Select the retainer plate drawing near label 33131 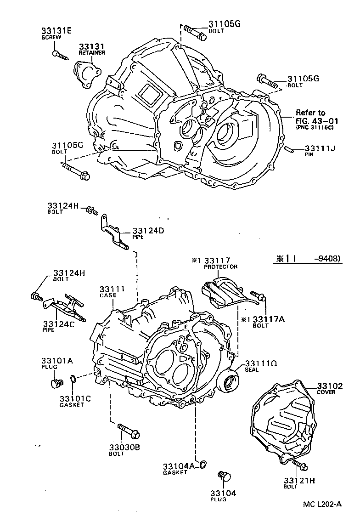pos(87,74)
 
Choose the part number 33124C pos(60,324)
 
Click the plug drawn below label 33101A pos(57,382)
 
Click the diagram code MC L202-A pos(322,504)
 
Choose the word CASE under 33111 pos(108,295)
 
